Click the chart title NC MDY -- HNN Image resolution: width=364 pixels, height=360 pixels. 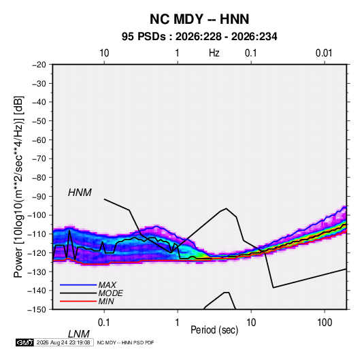pos(199,19)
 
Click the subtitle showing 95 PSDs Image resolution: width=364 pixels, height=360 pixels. pos(199,37)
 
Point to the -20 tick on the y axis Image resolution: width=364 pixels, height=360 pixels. pos(39,65)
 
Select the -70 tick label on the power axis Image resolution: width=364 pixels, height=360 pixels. pos(39,159)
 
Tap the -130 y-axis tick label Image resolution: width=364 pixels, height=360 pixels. pos(37,272)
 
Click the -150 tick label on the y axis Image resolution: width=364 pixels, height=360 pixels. pos(37,310)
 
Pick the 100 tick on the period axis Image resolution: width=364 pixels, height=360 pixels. pos(324,323)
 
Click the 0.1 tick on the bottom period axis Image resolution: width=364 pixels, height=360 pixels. pos(104,323)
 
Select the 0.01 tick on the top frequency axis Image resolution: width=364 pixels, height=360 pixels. pos(324,53)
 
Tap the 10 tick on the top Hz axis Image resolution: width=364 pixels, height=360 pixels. pos(104,53)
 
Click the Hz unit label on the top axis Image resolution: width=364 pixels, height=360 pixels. pos(214,53)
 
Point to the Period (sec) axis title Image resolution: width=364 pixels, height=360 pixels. pos(214,330)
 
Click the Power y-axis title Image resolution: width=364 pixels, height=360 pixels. pos(18,187)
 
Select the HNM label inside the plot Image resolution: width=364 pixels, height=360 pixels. pos(80,193)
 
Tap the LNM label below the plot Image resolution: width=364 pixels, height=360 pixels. pos(79,334)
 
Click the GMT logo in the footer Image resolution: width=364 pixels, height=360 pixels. pos(24,342)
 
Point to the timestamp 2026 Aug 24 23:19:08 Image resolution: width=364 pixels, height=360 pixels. pos(63,342)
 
